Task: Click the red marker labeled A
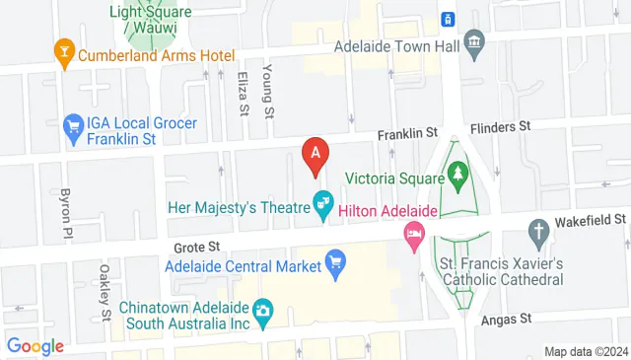(x=315, y=155)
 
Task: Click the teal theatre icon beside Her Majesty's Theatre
(x=322, y=204)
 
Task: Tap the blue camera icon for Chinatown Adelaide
(x=262, y=312)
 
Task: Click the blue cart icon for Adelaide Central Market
(x=335, y=264)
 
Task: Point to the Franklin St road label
(x=409, y=132)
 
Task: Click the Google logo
(x=35, y=346)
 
